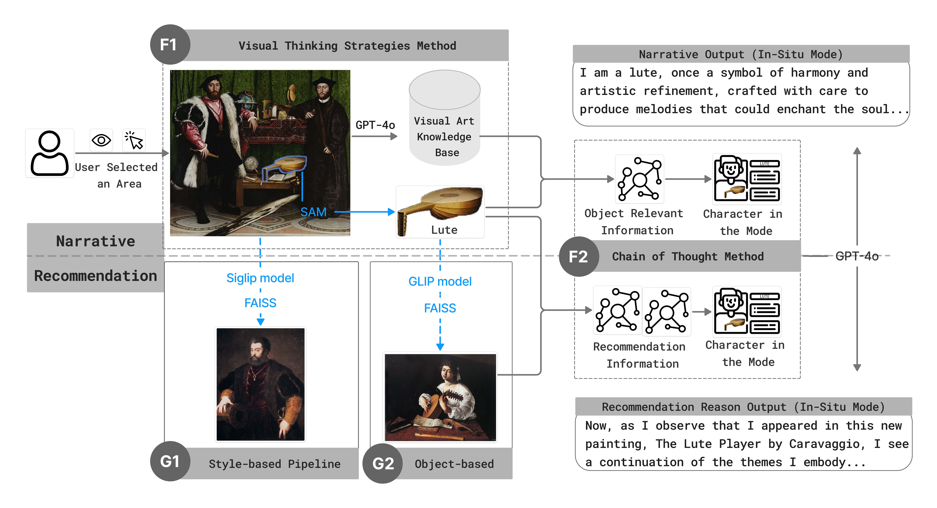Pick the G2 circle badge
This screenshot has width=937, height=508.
click(383, 463)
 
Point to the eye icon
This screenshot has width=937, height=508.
click(101, 140)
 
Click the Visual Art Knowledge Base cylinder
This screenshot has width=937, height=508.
click(444, 118)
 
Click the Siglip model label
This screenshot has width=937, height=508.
click(260, 278)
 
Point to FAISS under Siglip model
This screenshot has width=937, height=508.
click(260, 303)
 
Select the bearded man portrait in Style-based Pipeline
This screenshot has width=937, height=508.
click(260, 384)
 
